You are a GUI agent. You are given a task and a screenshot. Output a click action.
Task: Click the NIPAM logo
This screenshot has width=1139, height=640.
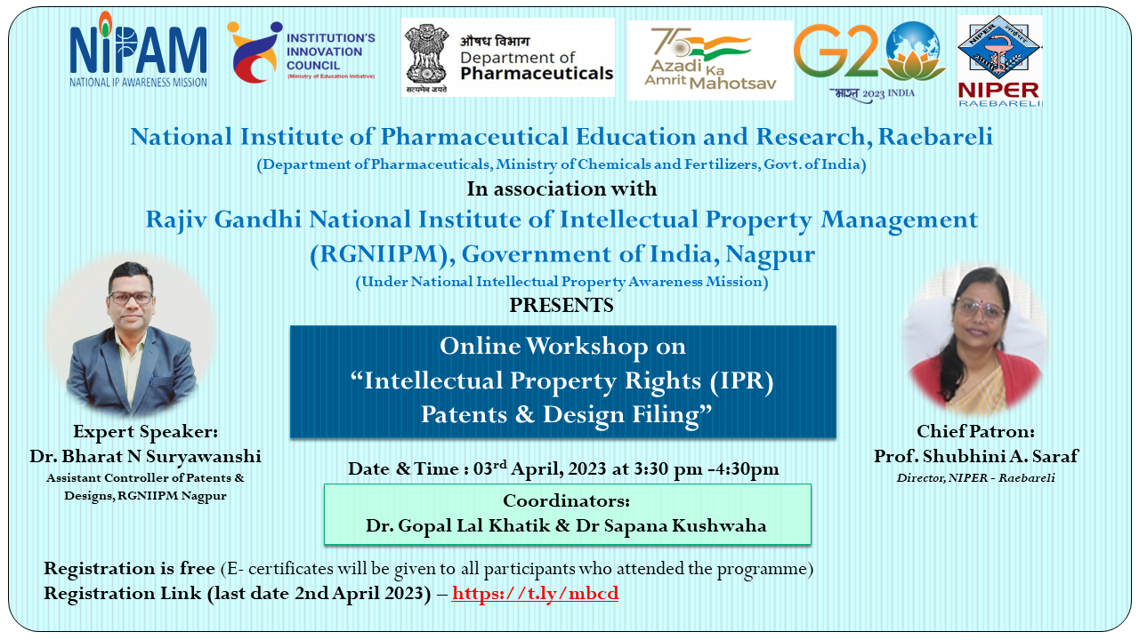pyautogui.click(x=138, y=50)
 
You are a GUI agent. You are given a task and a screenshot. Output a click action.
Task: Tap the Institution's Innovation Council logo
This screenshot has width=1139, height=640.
pyautogui.click(x=301, y=52)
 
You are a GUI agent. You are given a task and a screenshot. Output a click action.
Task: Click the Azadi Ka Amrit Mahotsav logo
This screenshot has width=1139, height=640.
pyautogui.click(x=710, y=60)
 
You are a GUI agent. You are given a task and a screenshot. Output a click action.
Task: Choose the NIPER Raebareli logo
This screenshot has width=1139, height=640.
pyautogui.click(x=999, y=61)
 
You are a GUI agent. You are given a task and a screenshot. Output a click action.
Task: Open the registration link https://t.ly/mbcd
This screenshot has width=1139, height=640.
pyautogui.click(x=535, y=593)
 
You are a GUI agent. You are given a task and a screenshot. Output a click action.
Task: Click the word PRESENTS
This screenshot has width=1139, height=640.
pyautogui.click(x=561, y=305)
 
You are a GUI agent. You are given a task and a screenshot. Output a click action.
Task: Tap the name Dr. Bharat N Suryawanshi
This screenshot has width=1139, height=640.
pyautogui.click(x=145, y=456)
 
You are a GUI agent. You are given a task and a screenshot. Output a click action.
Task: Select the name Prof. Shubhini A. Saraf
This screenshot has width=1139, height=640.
pyautogui.click(x=976, y=456)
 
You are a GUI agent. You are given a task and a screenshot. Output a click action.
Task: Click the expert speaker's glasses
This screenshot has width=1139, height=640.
pyautogui.click(x=131, y=298)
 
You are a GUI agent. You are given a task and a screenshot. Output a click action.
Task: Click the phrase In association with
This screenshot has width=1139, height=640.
pyautogui.click(x=561, y=189)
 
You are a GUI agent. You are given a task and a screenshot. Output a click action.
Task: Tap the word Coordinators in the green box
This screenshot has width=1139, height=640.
pyautogui.click(x=567, y=500)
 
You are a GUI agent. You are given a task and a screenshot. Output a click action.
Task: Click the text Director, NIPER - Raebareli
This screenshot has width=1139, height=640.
pyautogui.click(x=976, y=478)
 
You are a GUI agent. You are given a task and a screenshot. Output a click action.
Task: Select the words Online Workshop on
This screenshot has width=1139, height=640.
pyautogui.click(x=562, y=346)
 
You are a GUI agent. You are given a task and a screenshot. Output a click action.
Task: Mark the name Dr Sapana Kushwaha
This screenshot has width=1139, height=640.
pyautogui.click(x=671, y=525)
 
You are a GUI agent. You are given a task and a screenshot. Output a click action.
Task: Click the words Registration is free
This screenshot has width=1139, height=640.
pyautogui.click(x=129, y=568)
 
